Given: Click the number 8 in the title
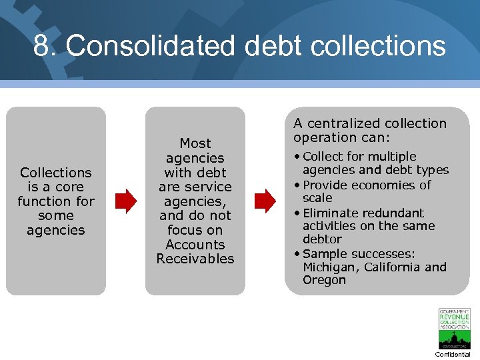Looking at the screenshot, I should pyautogui.click(x=41, y=45).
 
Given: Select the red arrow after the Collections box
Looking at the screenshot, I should pyautogui.click(x=125, y=200).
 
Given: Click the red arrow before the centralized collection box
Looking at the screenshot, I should pyautogui.click(x=265, y=200).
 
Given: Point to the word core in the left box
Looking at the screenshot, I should pyautogui.click(x=70, y=187).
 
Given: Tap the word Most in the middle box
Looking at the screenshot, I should pyautogui.click(x=195, y=143).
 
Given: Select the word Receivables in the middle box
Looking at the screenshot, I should pyautogui.click(x=195, y=259).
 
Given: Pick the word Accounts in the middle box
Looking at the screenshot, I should pyautogui.click(x=195, y=245).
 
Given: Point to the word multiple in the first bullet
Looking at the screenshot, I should pyautogui.click(x=393, y=157).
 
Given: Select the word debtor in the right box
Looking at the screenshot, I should pyautogui.click(x=322, y=239).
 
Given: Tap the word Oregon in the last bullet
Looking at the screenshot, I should pyautogui.click(x=324, y=280).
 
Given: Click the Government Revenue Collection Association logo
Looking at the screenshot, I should pyautogui.click(x=454, y=329).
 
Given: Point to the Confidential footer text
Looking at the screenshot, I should pyautogui.click(x=453, y=354).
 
